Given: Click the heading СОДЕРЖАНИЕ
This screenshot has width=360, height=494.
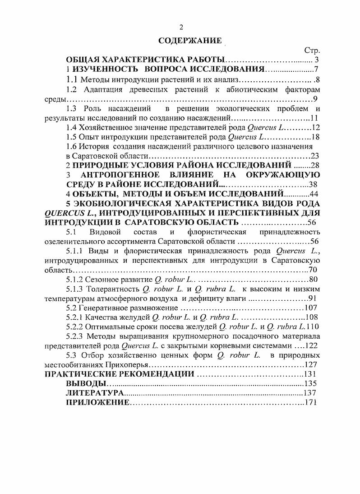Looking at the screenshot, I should (x=190, y=41).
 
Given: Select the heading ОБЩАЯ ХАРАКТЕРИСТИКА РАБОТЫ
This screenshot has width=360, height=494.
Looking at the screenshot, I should (x=145, y=60).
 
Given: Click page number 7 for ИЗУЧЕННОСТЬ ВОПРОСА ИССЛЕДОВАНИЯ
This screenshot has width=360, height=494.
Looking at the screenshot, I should (x=317, y=70).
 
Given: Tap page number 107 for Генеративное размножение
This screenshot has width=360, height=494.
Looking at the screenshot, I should (x=312, y=308).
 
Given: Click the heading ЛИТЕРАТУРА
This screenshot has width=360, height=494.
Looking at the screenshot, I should (x=95, y=393).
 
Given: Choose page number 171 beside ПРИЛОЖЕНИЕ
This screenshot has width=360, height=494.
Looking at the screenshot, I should (x=312, y=403).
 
